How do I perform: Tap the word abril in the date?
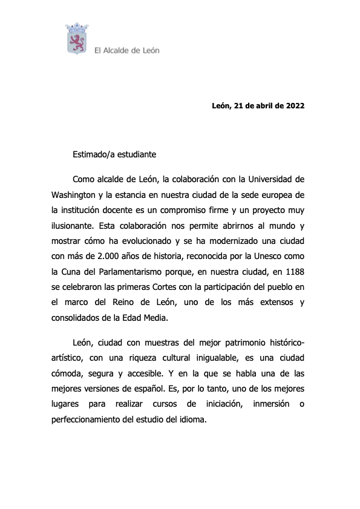255,106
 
